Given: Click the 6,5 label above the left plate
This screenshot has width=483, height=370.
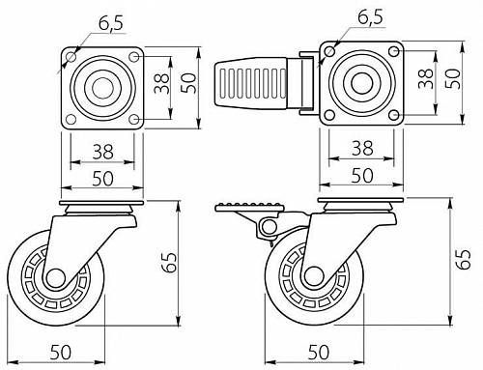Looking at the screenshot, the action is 110,23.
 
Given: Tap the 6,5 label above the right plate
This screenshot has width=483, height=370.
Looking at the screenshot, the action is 370,16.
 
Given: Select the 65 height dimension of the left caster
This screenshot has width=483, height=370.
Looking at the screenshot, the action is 170,263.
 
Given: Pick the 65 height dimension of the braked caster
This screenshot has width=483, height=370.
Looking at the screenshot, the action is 463,258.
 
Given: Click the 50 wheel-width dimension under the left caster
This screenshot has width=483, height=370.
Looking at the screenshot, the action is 61,352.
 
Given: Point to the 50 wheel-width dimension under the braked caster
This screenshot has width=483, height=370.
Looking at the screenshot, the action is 319,352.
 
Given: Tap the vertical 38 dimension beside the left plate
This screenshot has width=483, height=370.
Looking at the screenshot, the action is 161,83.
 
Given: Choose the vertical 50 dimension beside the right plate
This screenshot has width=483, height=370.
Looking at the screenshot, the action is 453,79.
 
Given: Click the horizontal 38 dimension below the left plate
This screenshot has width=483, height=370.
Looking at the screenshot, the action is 103,152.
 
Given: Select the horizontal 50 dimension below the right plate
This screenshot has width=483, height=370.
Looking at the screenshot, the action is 362,176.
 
